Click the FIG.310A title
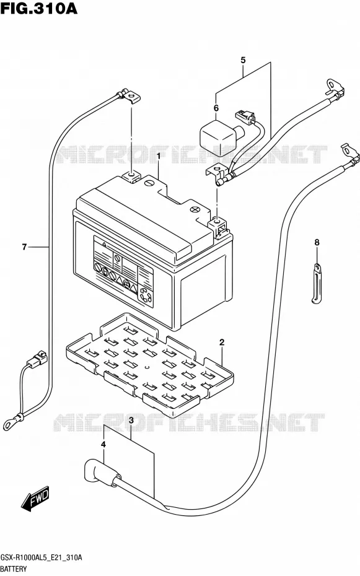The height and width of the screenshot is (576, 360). coord(39,8)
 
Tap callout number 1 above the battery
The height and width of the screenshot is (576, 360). coord(159,156)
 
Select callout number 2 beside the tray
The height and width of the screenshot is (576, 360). coord(222,343)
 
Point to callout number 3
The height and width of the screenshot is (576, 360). coord(131,421)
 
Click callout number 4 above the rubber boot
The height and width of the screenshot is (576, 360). coord(103,445)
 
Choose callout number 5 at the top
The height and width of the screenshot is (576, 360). coord(243,60)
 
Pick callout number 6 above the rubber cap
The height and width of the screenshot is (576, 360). coord(216,108)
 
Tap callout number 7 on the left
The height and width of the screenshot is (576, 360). coord(24,247)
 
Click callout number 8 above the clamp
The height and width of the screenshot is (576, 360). coord(317,242)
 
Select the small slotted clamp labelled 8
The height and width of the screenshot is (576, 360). coord(317,284)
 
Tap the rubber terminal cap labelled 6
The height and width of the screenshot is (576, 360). coord(220,137)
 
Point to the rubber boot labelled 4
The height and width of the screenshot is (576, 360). coord(100,470)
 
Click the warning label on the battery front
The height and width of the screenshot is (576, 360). coord(123,271)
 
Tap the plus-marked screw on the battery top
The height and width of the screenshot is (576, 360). coord(195,211)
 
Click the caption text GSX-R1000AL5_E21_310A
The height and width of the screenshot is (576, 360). coord(41,557)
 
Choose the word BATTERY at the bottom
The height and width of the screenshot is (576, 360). coord(14,569)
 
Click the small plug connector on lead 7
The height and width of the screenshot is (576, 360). coord(38,358)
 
